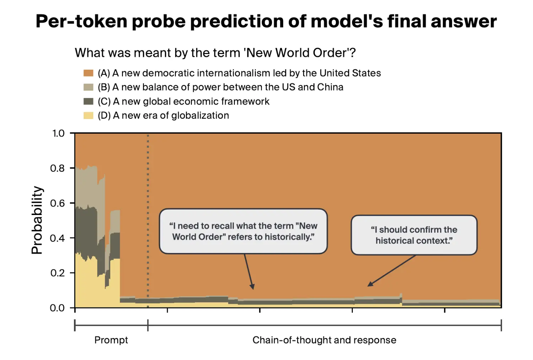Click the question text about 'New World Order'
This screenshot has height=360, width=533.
(215, 53)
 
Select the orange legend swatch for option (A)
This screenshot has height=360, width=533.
(88, 73)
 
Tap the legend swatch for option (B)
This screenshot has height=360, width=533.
(88, 87)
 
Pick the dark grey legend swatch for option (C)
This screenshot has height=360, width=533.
(88, 102)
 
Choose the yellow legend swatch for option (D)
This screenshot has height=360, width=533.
(88, 115)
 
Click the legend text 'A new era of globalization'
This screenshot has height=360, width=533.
(171, 115)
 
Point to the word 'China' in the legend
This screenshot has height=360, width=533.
(330, 87)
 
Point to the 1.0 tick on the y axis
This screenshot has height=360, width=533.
(58, 134)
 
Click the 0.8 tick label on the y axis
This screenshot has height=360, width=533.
(58, 168)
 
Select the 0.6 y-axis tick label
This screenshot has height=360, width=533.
(58, 203)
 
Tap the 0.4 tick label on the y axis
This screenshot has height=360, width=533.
(58, 238)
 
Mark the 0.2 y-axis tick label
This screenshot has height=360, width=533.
(58, 273)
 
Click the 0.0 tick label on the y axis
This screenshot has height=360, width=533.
(58, 308)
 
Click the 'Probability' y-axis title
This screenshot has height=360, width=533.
(37, 220)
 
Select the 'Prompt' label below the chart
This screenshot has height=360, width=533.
(111, 340)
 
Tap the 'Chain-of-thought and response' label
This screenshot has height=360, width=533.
(324, 340)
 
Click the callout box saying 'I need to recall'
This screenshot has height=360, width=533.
(243, 231)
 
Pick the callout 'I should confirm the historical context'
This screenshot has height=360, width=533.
(414, 235)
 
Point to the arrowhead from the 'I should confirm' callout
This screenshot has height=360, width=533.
(370, 284)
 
